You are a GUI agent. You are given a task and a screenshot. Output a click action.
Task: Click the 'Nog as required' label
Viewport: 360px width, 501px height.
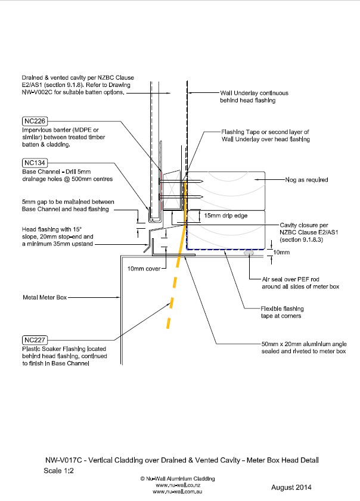[x=307, y=179]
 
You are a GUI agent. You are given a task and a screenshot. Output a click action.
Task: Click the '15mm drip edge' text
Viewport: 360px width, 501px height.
[x=226, y=215]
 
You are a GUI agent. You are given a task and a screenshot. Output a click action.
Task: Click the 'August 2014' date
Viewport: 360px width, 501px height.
[x=291, y=487]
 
